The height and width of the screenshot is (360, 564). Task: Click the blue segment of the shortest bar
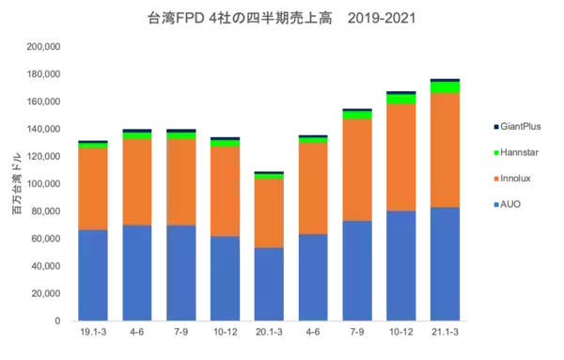269,284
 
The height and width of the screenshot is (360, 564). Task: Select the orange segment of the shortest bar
269,212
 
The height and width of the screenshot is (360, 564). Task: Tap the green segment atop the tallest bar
446,88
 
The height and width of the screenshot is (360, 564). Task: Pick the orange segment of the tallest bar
446,150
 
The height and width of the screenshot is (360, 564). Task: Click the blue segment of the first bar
93,274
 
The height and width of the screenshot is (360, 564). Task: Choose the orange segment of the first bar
93,189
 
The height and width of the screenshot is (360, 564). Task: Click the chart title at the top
282,19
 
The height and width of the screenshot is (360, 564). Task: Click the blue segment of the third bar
181,273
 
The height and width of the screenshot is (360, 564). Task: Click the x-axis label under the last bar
446,331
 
